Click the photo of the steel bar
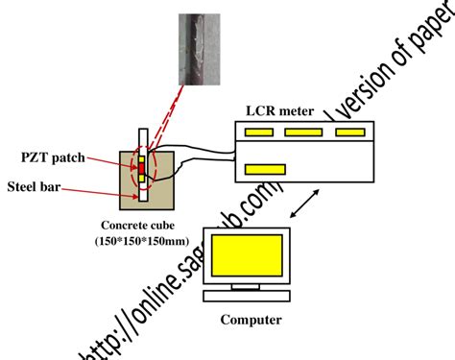(x=204, y=49)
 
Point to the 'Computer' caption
(x=251, y=320)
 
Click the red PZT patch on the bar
(x=140, y=169)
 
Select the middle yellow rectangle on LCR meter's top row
(x=303, y=132)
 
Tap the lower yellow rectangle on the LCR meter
(x=265, y=170)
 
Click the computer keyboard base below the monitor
(x=251, y=296)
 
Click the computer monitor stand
(x=251, y=283)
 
